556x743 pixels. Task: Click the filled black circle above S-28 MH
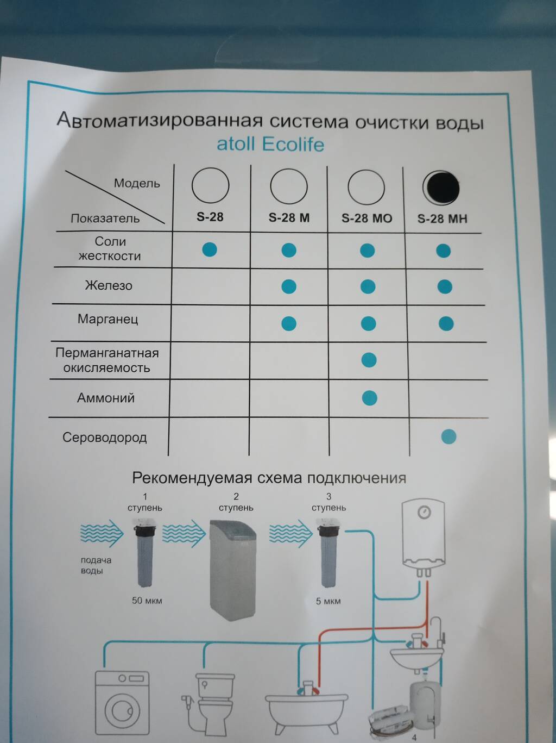442,188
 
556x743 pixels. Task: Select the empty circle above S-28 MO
366,187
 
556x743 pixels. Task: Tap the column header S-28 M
289,218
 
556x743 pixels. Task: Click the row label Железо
109,285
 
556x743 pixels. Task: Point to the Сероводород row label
104,438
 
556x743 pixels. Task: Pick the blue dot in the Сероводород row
448,436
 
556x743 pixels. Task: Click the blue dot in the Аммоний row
369,398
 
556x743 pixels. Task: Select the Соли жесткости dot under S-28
210,249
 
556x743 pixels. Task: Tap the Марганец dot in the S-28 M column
289,323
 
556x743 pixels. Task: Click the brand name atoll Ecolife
270,145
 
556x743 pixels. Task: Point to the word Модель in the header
137,183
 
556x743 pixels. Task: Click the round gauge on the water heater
424,512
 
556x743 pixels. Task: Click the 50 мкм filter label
147,601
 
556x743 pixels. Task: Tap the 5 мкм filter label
328,601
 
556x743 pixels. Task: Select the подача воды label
96,565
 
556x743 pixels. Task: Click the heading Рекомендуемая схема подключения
269,478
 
